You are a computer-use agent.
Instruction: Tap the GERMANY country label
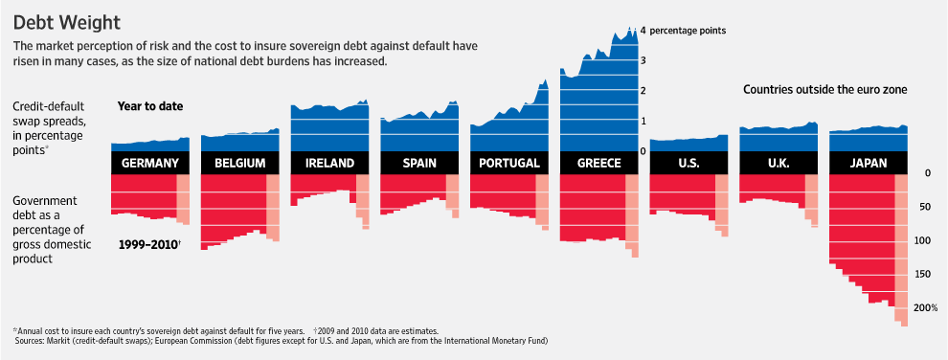150,163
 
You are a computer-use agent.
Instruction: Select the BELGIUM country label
240,163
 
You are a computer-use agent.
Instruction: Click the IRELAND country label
329,163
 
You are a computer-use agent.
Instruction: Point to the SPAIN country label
419,163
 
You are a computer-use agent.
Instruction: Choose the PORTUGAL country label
509,163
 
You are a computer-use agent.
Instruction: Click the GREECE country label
599,163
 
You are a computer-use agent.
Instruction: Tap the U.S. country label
688,163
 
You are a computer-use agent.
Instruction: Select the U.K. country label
779,163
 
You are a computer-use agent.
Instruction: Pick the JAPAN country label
869,163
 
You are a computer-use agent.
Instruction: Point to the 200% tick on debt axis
925,308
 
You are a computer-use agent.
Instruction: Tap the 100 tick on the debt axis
925,240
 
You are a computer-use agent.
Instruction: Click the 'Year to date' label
150,106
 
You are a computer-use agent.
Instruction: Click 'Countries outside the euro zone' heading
824,89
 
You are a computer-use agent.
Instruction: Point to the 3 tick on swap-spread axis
643,60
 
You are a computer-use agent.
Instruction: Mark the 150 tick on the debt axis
925,275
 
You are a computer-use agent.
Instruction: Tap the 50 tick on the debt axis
925,207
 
